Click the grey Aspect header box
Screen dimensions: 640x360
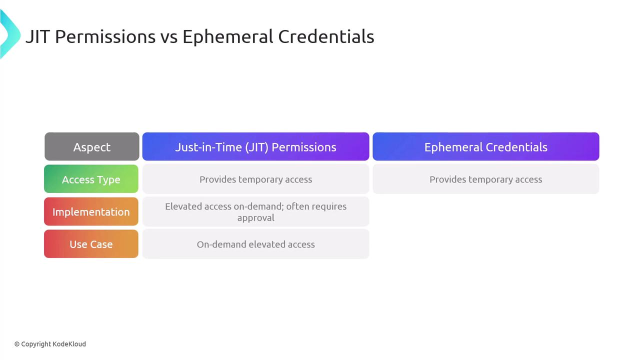pos(91,146)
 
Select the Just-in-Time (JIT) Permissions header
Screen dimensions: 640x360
pos(255,146)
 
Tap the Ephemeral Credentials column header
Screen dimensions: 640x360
pos(485,146)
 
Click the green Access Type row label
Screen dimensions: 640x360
pos(91,179)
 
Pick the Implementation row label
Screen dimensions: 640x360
pos(91,211)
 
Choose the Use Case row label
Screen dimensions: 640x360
pos(91,244)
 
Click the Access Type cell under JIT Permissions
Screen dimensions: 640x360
pos(255,179)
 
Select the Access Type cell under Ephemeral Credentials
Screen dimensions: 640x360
pos(485,179)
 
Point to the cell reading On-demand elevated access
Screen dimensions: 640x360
pos(255,244)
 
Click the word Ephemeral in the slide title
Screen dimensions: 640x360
pos(227,36)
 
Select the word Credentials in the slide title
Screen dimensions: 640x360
pos(326,36)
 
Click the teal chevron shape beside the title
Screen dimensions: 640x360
pos(10,34)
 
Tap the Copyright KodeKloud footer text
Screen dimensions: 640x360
pos(50,344)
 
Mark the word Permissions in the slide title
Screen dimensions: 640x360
pos(105,36)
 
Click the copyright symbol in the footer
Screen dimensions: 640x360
pos(17,344)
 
